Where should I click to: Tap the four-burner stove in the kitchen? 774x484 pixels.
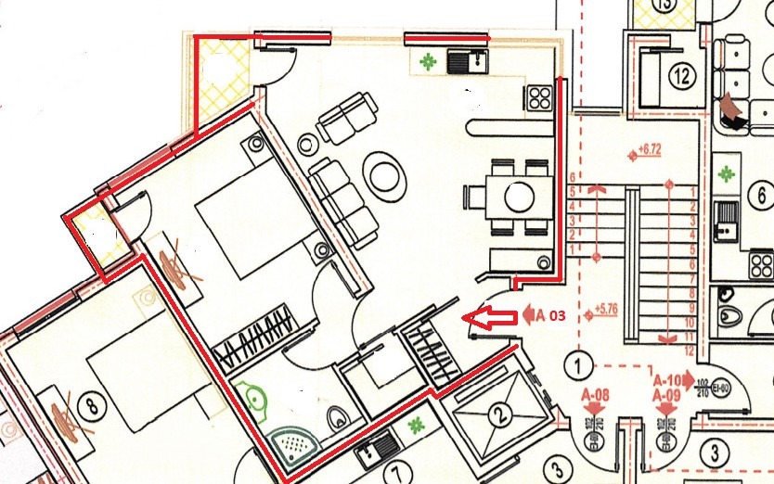pos(539,97)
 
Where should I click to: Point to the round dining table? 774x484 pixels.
pos(517,197)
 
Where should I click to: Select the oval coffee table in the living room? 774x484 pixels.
pos(383,173)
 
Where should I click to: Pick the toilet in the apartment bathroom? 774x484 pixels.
pos(340,417)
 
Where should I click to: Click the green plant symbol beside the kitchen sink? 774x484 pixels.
pos(428,63)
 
